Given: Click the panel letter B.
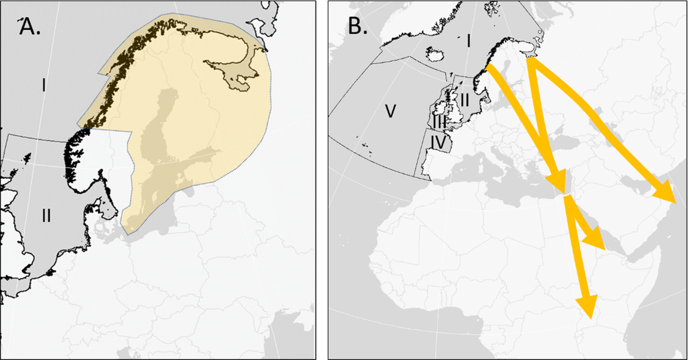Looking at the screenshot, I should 357,27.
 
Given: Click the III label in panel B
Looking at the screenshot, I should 440,120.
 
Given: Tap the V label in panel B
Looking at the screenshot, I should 389,111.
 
